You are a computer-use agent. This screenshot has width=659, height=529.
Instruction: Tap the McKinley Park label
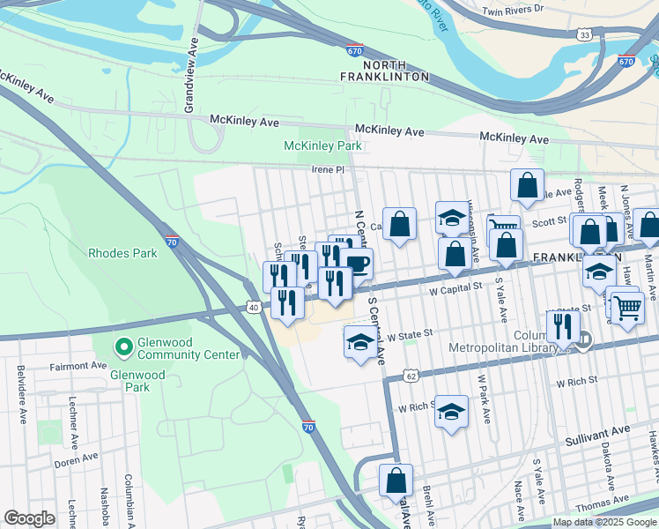322,145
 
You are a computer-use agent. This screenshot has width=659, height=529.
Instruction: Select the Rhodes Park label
122,253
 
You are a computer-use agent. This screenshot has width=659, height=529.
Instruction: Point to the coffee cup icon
357,263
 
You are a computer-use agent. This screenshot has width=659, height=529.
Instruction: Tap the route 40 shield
254,307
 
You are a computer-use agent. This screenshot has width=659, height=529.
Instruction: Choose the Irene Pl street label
326,169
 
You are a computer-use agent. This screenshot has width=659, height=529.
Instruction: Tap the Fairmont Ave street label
78,365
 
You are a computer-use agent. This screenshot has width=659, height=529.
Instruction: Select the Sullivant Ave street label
598,430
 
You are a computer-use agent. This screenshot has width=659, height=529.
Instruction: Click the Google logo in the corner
29,518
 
